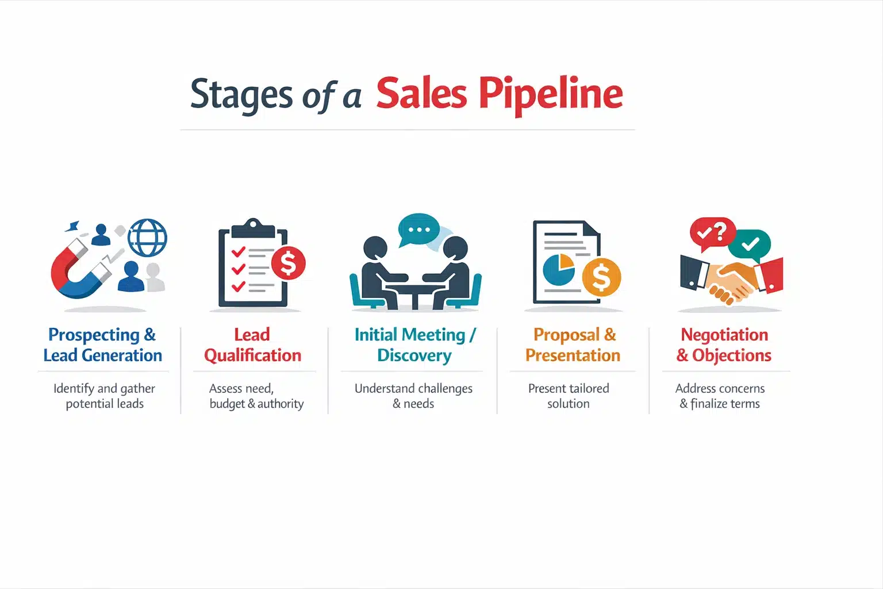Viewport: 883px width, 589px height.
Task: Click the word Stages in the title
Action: [241, 94]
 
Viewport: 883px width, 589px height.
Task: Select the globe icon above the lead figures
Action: [147, 238]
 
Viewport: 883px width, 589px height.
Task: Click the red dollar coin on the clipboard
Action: [288, 263]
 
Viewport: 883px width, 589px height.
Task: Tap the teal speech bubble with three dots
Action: [419, 230]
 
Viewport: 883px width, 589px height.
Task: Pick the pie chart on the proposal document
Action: [558, 269]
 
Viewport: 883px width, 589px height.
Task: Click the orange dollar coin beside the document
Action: [601, 277]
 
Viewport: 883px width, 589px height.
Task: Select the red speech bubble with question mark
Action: [712, 232]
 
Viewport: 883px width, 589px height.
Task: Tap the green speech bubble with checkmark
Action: [750, 244]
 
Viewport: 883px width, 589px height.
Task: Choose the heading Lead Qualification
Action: [252, 345]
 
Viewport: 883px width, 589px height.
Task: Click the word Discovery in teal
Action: [414, 355]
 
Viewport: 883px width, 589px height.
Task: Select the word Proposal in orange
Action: [566, 335]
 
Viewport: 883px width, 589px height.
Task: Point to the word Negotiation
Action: [724, 335]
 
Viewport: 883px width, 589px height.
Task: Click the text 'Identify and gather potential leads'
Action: [105, 396]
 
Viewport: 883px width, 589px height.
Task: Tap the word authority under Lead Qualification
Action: [281, 404]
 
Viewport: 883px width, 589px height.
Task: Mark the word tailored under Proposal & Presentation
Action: [589, 389]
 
